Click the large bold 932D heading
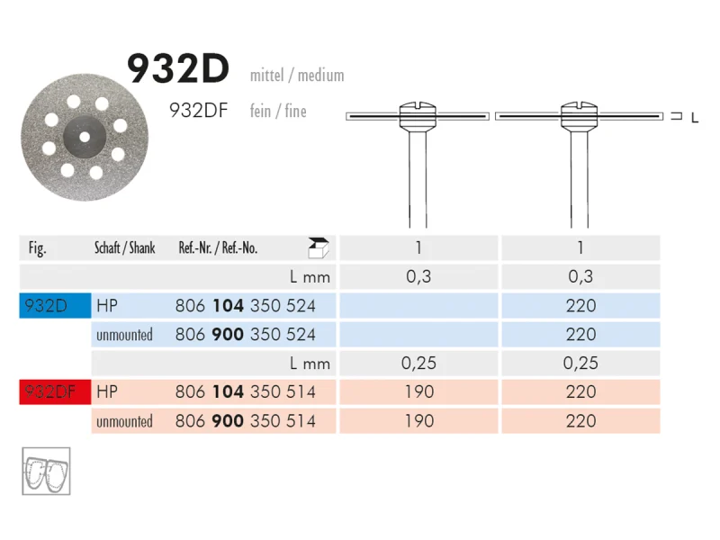click(x=177, y=69)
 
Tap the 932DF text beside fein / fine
click(x=198, y=111)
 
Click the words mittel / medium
click(x=297, y=75)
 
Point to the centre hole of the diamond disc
click(x=85, y=137)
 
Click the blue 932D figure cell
click(x=55, y=305)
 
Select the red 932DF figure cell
click(x=55, y=391)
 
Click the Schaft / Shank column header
click(x=125, y=248)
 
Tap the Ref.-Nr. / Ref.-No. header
click(x=218, y=248)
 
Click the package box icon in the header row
click(x=319, y=248)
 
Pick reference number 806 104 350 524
click(x=245, y=306)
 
